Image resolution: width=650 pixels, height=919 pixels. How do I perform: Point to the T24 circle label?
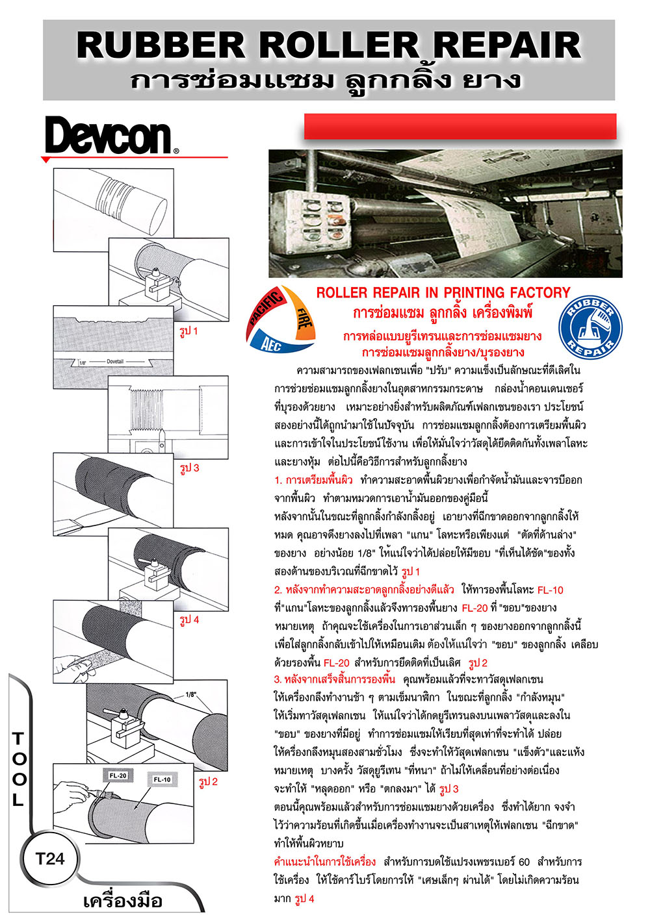pyautogui.click(x=50, y=859)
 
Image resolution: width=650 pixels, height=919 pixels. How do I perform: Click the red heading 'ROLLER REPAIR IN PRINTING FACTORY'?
pyautogui.click(x=443, y=293)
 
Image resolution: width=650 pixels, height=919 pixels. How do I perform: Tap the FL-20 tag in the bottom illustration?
pyautogui.click(x=118, y=775)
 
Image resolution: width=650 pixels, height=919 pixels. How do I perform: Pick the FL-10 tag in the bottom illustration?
pyautogui.click(x=162, y=779)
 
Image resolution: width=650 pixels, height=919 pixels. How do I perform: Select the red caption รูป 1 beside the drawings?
pyautogui.click(x=188, y=331)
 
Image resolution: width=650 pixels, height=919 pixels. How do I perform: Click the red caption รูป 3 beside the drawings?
pyautogui.click(x=189, y=468)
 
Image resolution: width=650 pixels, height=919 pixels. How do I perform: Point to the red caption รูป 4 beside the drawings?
pyautogui.click(x=189, y=620)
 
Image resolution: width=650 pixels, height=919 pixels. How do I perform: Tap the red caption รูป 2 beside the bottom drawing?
pyautogui.click(x=208, y=782)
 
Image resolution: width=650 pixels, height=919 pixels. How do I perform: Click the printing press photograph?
pyautogui.click(x=445, y=214)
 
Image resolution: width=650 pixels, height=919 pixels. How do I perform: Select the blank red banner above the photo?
pyautogui.click(x=460, y=127)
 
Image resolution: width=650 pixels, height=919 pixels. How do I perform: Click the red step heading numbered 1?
pyautogui.click(x=313, y=480)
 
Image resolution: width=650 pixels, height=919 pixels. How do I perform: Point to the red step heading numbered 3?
pyautogui.click(x=334, y=679)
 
